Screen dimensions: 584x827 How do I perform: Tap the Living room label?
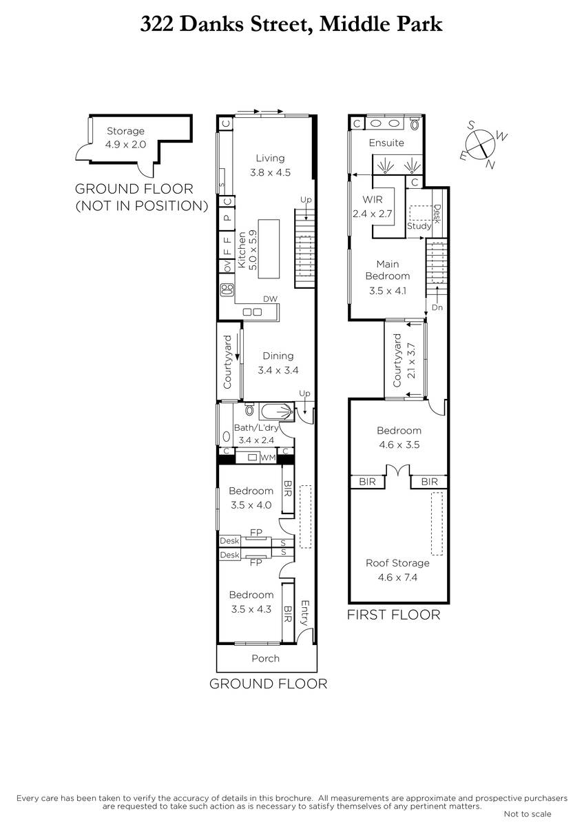click(x=271, y=158)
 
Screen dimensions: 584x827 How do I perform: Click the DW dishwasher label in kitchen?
click(x=271, y=298)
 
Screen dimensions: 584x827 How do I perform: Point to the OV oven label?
click(x=228, y=266)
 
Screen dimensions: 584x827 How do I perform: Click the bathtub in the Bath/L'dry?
click(x=277, y=411)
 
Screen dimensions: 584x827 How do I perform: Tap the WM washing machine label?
click(x=268, y=458)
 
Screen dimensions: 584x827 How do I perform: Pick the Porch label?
click(x=266, y=658)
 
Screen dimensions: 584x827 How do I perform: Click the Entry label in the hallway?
click(x=304, y=613)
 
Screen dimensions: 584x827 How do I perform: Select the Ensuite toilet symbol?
click(x=415, y=123)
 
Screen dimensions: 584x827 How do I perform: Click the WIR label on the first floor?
click(x=373, y=200)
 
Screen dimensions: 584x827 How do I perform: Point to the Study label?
click(x=419, y=225)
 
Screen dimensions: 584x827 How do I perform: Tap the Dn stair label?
click(x=437, y=307)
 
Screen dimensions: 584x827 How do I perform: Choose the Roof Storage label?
click(x=397, y=563)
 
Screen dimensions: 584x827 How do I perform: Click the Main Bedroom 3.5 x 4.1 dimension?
click(x=388, y=291)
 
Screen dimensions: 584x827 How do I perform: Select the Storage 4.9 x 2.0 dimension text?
click(x=126, y=144)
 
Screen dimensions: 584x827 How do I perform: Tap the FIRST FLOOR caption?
click(x=394, y=615)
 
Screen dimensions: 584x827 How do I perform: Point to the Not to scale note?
click(x=528, y=814)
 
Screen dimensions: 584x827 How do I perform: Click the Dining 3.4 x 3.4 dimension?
click(x=278, y=370)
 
